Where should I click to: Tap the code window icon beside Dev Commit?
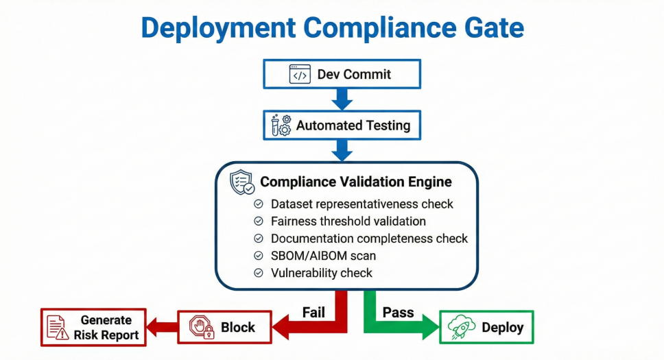click(x=300, y=74)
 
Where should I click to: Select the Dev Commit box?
click(x=342, y=74)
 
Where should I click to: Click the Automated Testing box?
click(x=342, y=125)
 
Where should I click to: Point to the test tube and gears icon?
click(x=281, y=125)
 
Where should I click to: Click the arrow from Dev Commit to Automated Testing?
click(x=342, y=99)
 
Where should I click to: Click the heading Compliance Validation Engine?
click(x=355, y=182)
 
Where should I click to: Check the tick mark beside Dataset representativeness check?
click(x=259, y=204)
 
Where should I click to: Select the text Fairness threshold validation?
click(x=348, y=221)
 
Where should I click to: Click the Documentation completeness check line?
click(x=369, y=239)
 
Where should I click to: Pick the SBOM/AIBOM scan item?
click(x=323, y=256)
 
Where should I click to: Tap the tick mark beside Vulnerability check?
click(x=259, y=273)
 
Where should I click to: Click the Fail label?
click(x=313, y=313)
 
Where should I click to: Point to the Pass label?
click(x=398, y=313)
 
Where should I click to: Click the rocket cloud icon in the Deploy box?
click(x=462, y=328)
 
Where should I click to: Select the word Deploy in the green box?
click(x=503, y=328)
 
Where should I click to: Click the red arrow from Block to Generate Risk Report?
click(x=163, y=327)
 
